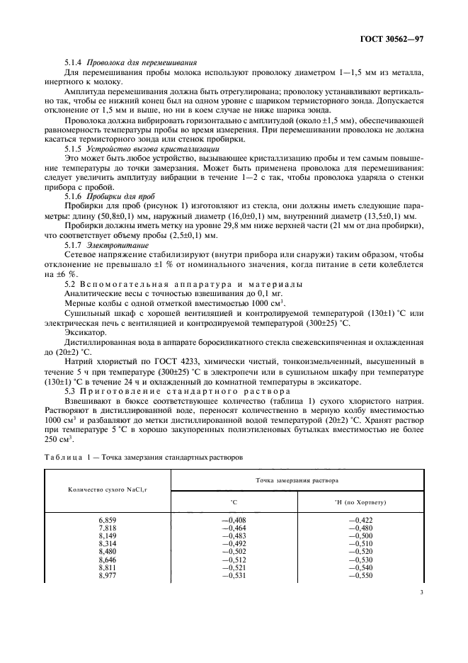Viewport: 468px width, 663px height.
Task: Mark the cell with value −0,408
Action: coord(233,521)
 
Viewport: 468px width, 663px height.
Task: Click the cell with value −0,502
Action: coord(233,552)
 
